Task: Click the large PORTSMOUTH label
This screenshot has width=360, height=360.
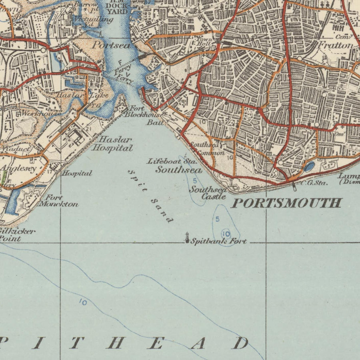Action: coord(286,203)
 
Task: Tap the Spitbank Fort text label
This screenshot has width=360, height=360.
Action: coord(218,241)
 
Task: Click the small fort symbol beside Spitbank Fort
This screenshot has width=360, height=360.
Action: coord(187,238)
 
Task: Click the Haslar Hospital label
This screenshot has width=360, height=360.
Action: coord(112,144)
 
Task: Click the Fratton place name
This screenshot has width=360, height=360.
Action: coord(335,45)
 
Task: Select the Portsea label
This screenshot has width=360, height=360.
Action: coord(111,45)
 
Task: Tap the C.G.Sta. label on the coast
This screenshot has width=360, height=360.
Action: coord(314,183)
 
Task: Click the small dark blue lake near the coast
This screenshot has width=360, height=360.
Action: coord(309,166)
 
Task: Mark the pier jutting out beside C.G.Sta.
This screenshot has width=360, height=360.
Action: coord(295,186)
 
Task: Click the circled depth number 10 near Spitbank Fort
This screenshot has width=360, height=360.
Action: coord(226,234)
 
